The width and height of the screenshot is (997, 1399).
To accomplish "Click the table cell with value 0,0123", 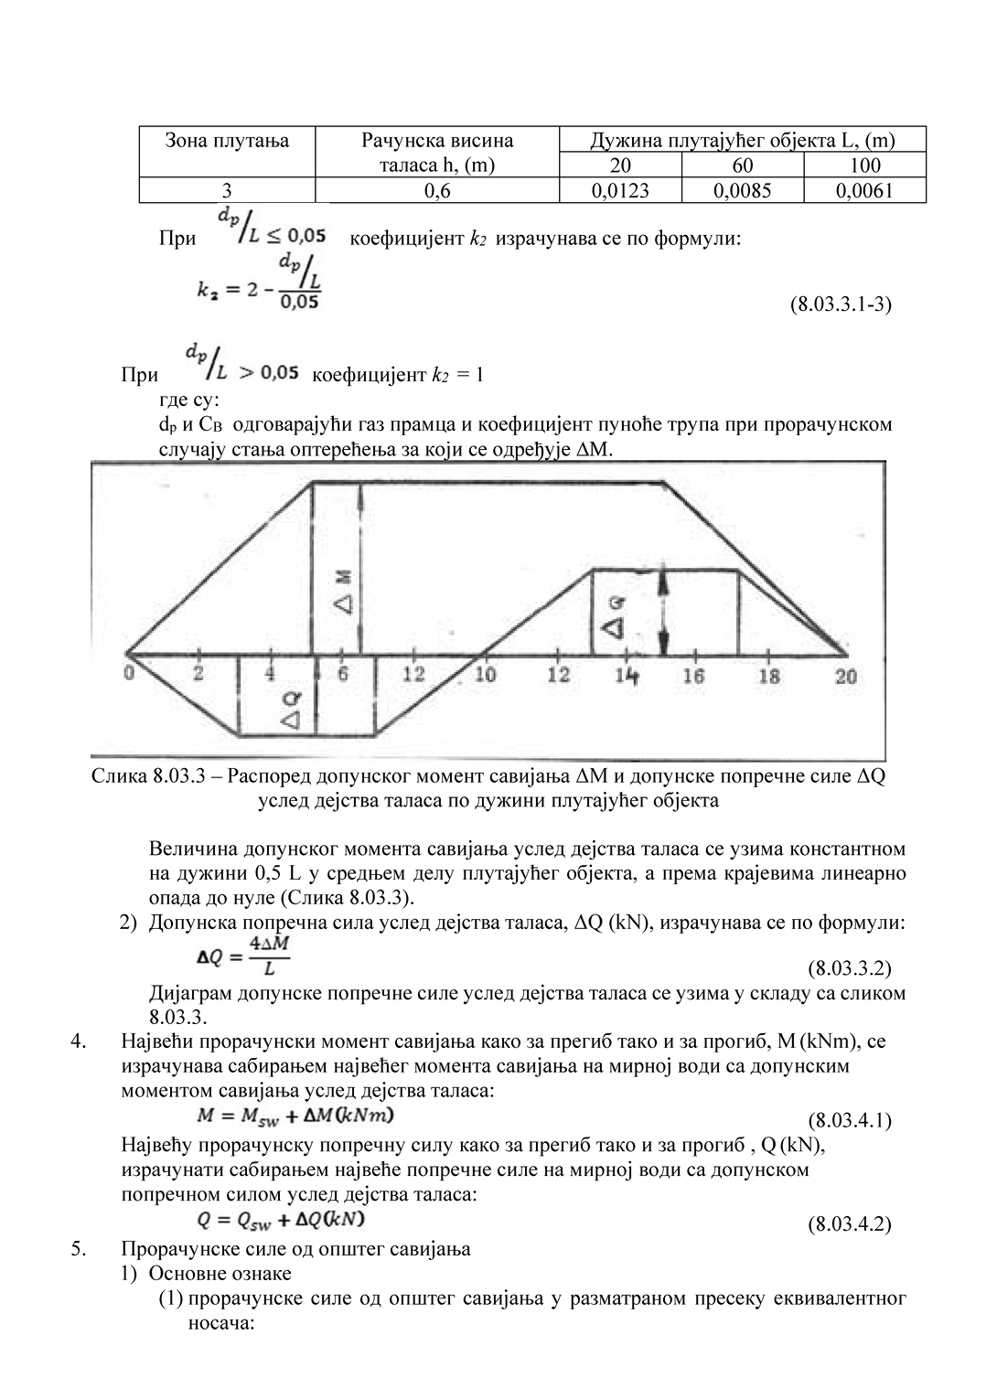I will coord(620,190).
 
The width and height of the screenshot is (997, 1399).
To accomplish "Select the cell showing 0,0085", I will coord(743,190).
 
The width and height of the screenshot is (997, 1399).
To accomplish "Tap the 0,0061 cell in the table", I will coord(864,190).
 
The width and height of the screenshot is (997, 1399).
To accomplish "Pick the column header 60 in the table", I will coord(743,166).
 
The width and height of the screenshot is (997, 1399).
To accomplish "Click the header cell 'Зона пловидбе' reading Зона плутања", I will coord(227,141).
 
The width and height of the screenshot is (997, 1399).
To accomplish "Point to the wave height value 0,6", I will coord(437,190).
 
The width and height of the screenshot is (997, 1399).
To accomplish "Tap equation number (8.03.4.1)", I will coord(849,1120).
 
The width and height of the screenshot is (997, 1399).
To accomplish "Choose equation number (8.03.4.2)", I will coord(849,1224).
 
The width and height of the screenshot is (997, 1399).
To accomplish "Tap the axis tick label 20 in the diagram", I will coord(846,676).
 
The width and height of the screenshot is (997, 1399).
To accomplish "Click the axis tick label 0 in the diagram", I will coord(129,675).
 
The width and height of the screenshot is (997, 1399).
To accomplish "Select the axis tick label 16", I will coord(694,676).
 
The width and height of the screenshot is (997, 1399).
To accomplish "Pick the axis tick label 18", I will coord(769,676).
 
